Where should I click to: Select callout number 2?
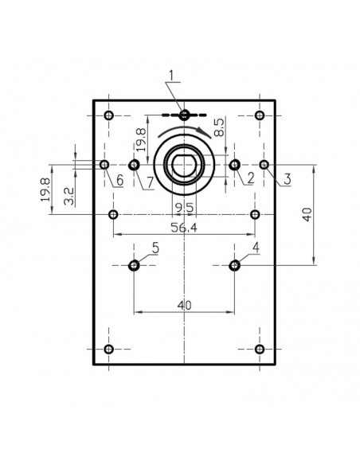tap(249, 178)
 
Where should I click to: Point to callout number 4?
tap(255, 248)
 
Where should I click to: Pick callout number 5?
tap(155, 248)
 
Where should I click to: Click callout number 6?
tap(118, 181)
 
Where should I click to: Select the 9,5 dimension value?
tap(184, 209)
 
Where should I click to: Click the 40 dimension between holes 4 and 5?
tap(184, 304)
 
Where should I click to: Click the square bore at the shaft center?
tap(184, 165)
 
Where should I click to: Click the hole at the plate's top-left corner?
tap(110, 115)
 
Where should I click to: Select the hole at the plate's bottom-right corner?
tap(259, 349)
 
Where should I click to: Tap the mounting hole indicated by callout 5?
tap(135, 265)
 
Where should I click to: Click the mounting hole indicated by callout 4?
tap(234, 265)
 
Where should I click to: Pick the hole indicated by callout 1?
tap(185, 115)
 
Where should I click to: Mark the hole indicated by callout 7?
tap(134, 165)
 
